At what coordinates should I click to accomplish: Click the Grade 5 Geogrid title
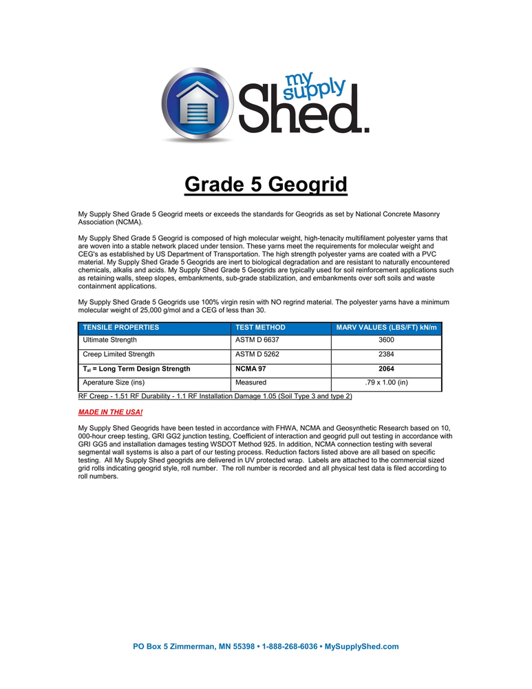pos(266,185)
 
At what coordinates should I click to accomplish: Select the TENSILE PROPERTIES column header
pos(121,327)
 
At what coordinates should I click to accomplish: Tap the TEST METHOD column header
pos(260,327)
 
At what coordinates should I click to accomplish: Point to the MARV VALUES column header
pos(386,327)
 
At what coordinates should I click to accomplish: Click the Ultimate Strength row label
pos(109,340)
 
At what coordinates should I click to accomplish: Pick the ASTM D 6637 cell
pos(257,340)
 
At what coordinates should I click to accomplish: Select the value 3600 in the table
pos(386,340)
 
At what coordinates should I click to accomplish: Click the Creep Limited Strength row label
pos(118,355)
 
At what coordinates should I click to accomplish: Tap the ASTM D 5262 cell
pos(257,355)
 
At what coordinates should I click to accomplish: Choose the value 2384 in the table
pos(386,355)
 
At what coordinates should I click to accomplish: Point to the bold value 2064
pos(386,369)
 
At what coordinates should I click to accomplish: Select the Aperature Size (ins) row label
pos(114,382)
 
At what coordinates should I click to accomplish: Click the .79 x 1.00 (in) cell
pos(386,382)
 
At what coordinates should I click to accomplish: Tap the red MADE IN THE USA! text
pos(111,412)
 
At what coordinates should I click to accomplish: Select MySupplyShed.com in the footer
pos(361,646)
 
